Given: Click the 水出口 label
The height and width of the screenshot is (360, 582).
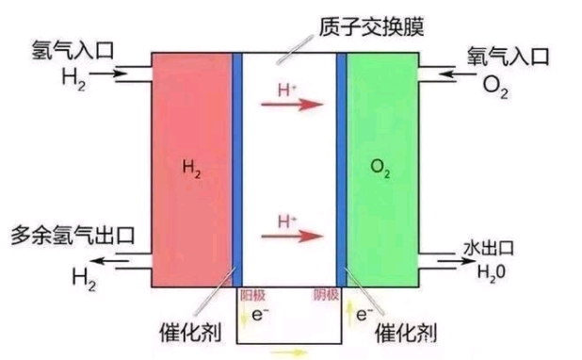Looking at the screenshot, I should click(490, 248).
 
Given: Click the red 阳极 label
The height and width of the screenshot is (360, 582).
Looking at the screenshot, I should click(252, 295).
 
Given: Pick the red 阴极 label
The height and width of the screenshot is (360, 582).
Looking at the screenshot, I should click(326, 295).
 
